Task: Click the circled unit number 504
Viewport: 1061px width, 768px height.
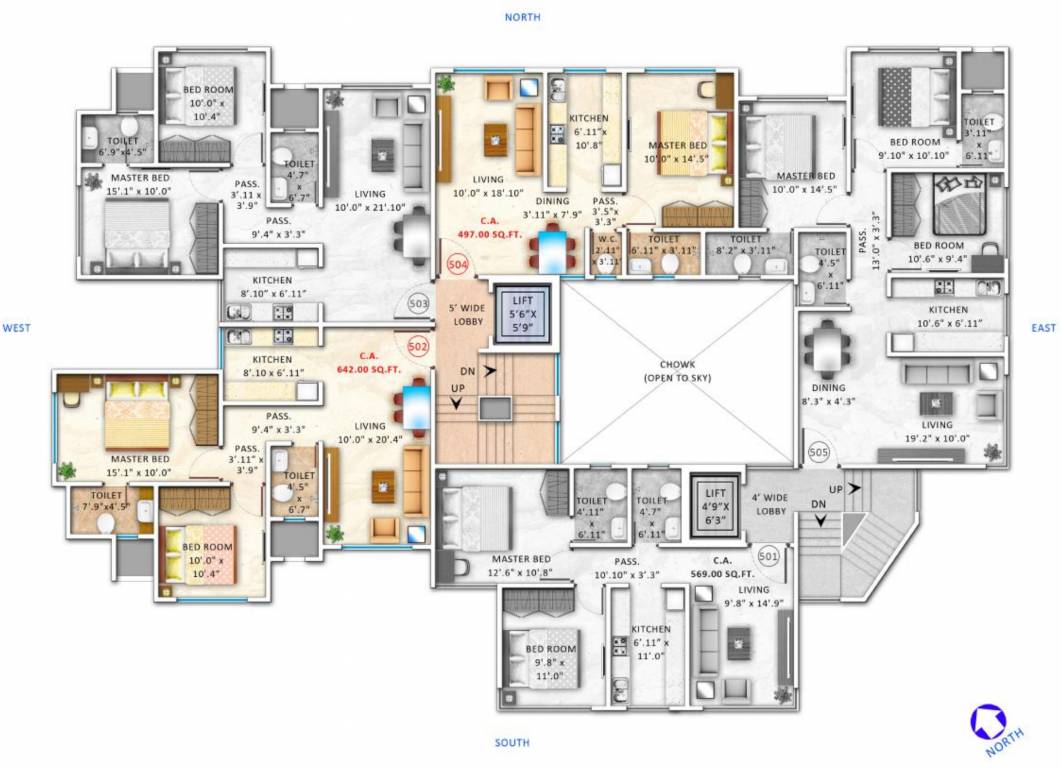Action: [458, 265]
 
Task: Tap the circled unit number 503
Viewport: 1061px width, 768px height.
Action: [418, 304]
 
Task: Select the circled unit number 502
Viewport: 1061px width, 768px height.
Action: [418, 346]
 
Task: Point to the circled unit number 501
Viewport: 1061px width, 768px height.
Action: [769, 554]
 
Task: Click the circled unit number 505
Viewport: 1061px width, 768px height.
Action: [819, 452]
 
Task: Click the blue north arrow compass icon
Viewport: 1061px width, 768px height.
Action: [989, 722]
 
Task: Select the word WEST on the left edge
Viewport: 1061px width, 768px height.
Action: [17, 327]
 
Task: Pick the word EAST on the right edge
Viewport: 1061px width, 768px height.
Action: [1044, 327]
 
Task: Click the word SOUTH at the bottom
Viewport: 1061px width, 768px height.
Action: [512, 743]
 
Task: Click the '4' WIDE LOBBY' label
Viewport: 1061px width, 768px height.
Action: [771, 503]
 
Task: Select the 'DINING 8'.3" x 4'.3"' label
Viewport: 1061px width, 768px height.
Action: [827, 394]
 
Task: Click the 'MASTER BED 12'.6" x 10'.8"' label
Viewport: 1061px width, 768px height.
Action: [521, 565]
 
